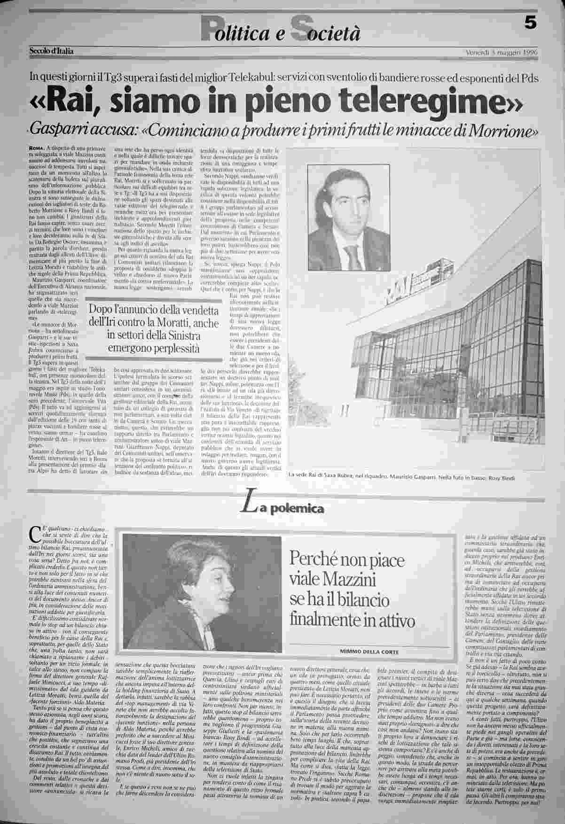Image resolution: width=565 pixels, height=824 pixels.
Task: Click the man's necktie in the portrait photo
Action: click(352, 257)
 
